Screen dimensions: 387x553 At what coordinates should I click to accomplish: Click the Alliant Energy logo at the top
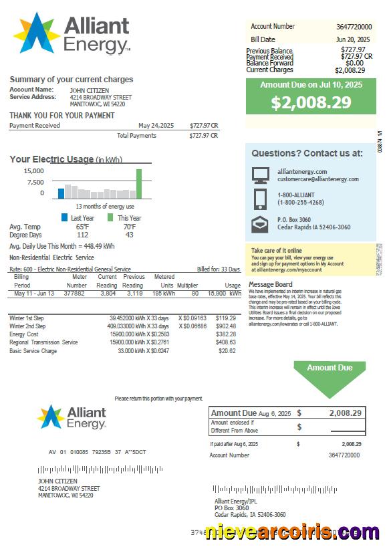click(72, 33)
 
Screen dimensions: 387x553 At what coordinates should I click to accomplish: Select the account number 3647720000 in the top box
click(354, 27)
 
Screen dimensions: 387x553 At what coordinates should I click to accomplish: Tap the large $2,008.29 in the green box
click(311, 102)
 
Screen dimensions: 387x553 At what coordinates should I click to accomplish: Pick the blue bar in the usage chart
click(61, 193)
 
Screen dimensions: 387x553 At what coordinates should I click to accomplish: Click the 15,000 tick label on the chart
click(34, 171)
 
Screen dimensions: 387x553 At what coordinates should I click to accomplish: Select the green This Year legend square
click(110, 218)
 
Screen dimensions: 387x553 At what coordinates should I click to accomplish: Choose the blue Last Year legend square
click(64, 218)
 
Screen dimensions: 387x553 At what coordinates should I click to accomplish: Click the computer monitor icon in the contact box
click(260, 175)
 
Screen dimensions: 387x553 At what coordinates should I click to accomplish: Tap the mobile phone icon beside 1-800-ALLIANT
click(260, 199)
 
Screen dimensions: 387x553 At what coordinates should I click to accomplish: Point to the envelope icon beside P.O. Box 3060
click(260, 225)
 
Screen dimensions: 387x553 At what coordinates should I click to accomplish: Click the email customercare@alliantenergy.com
click(318, 179)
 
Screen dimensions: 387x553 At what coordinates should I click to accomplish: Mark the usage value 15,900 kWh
click(224, 293)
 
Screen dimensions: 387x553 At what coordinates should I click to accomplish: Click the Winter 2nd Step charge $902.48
click(227, 326)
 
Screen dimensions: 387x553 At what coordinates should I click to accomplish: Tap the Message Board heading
click(270, 285)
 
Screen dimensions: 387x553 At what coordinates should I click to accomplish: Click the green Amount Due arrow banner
click(330, 377)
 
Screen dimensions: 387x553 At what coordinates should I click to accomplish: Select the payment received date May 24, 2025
click(156, 125)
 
